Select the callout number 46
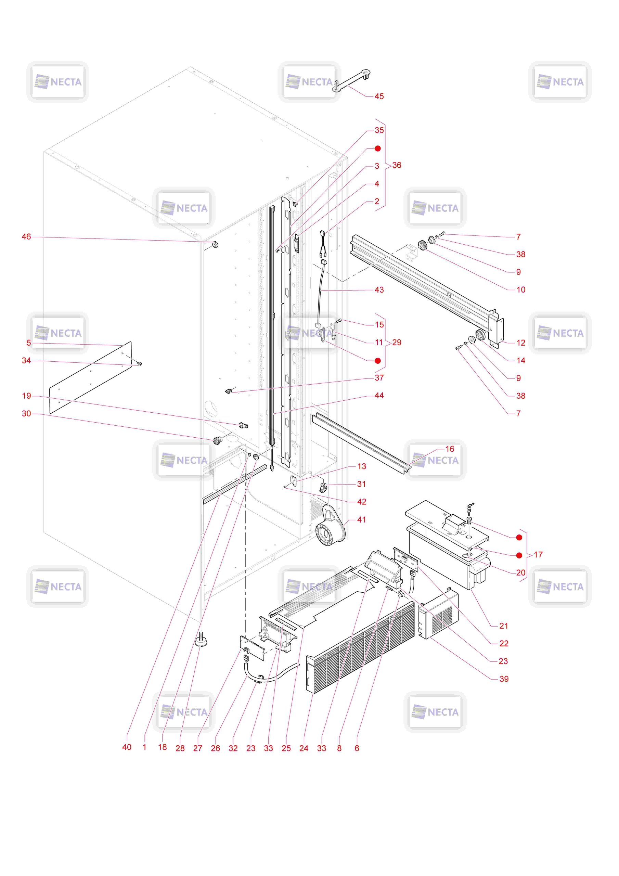pyautogui.click(x=26, y=236)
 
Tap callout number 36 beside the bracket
pyautogui.click(x=397, y=165)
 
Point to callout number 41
pyautogui.click(x=361, y=520)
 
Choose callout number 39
pyautogui.click(x=504, y=679)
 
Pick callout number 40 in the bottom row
pyautogui.click(x=127, y=747)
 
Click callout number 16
pyautogui.click(x=450, y=449)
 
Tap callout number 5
pyautogui.click(x=29, y=343)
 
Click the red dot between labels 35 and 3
pyautogui.click(x=377, y=149)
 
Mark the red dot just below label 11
pyautogui.click(x=377, y=361)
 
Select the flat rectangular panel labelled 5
pyautogui.click(x=90, y=378)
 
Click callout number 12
pyautogui.click(x=520, y=343)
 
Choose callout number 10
pyautogui.click(x=520, y=289)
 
